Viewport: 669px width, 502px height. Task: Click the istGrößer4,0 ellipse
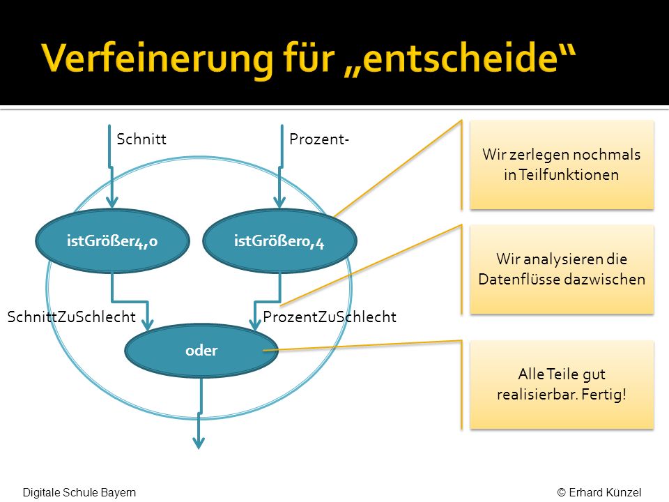pos(113,241)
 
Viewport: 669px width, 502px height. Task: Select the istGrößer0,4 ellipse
pos(279,241)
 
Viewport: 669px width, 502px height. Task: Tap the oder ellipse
pos(201,351)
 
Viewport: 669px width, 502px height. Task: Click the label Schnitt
pos(141,139)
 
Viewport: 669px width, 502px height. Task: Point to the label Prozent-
pos(319,139)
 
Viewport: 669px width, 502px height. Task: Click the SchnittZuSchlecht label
pos(72,317)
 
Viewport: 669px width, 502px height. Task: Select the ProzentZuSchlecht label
pos(330,317)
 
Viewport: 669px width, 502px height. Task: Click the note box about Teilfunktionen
pos(562,165)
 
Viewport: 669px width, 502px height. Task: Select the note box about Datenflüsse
pos(562,269)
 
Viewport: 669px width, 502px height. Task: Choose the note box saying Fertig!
pos(562,385)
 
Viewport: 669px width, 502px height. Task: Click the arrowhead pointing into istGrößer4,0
pos(111,202)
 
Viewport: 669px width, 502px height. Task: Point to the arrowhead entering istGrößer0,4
pos(279,202)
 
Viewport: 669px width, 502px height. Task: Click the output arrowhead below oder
pos(199,443)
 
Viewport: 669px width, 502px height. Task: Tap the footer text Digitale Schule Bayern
pos(79,492)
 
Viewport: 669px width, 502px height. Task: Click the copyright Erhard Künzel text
pos(599,492)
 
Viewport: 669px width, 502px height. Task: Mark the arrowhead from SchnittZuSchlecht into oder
pos(148,325)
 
